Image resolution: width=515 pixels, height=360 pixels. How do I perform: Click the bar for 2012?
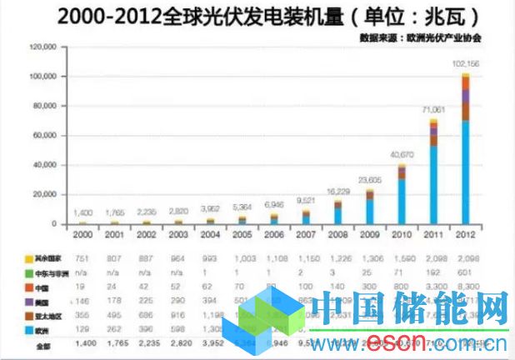(x=466, y=150)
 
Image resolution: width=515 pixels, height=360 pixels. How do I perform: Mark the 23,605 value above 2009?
(x=370, y=180)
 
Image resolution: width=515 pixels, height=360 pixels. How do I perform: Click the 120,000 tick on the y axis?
(x=42, y=47)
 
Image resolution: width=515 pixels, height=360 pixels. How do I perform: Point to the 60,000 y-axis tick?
(x=44, y=135)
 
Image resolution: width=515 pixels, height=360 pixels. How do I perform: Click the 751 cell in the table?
(x=82, y=257)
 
